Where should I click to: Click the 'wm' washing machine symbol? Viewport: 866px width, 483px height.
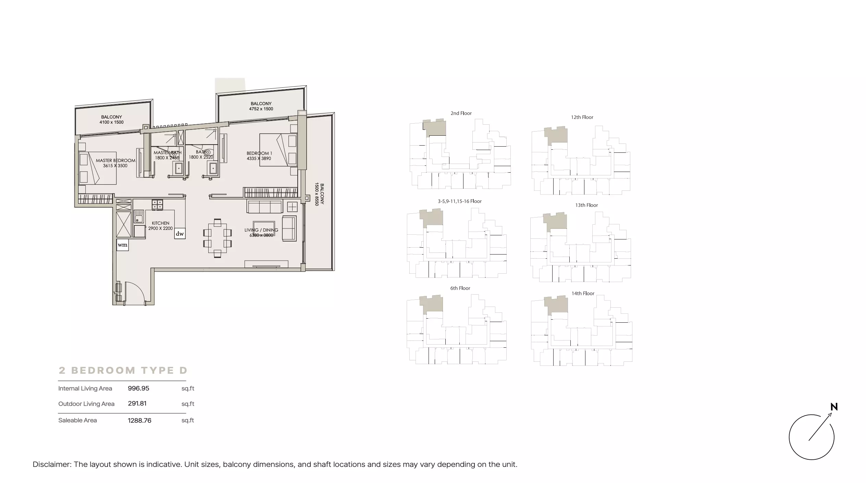[123, 245]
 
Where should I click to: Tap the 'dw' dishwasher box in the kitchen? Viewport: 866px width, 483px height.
[180, 234]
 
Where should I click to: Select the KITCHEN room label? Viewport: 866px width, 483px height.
[161, 223]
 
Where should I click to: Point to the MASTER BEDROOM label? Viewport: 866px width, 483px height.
[116, 160]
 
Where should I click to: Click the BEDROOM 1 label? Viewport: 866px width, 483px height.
[259, 153]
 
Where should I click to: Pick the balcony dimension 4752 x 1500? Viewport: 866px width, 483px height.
[261, 109]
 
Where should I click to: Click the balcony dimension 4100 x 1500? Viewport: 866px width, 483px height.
[112, 122]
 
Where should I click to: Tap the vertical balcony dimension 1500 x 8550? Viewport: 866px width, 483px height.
[317, 194]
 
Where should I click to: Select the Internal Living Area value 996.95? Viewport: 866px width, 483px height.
[138, 388]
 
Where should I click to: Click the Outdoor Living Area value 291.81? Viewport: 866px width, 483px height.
[137, 404]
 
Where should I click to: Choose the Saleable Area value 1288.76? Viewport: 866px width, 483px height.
[139, 420]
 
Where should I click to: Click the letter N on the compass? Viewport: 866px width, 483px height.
[834, 407]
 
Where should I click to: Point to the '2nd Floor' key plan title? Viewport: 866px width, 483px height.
[461, 113]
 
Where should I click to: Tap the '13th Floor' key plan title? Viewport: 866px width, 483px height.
[586, 205]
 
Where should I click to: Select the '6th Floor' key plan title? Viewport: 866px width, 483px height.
[460, 288]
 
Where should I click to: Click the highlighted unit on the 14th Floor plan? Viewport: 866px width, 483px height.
[557, 306]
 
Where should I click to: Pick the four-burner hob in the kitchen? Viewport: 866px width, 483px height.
[158, 205]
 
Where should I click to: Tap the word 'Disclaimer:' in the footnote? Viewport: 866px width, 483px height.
[52, 465]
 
